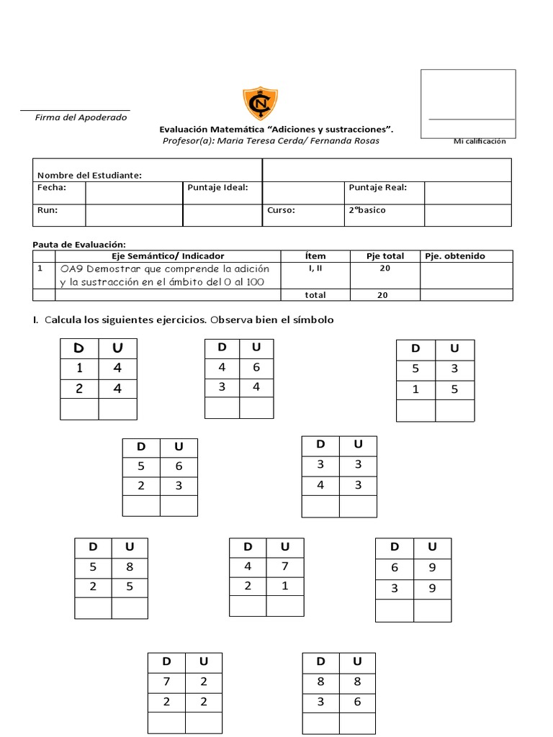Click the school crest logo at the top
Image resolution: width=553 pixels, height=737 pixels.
[260, 104]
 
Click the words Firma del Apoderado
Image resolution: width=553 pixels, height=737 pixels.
[81, 117]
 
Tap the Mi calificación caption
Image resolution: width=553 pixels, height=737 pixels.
[480, 141]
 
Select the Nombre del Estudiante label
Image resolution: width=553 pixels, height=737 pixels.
[89, 175]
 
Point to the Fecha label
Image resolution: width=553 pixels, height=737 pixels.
[52, 188]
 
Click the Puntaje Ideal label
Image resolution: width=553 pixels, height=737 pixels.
[217, 188]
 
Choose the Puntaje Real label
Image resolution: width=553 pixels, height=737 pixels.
[378, 188]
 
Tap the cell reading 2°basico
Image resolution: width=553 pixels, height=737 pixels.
[367, 211]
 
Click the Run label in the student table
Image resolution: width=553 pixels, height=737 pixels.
[48, 211]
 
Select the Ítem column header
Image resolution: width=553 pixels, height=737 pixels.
[315, 256]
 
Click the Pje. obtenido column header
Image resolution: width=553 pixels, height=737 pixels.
[455, 256]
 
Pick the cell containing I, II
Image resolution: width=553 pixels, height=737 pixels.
[315, 268]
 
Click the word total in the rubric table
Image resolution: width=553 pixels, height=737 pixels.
[315, 295]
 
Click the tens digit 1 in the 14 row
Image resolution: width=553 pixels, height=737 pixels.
[79, 368]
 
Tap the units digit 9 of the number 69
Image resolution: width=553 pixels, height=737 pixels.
[432, 568]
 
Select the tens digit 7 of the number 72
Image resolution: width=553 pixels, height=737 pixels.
[166, 682]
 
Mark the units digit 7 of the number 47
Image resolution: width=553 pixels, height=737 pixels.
[285, 566]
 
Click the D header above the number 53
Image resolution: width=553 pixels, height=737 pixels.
[415, 349]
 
